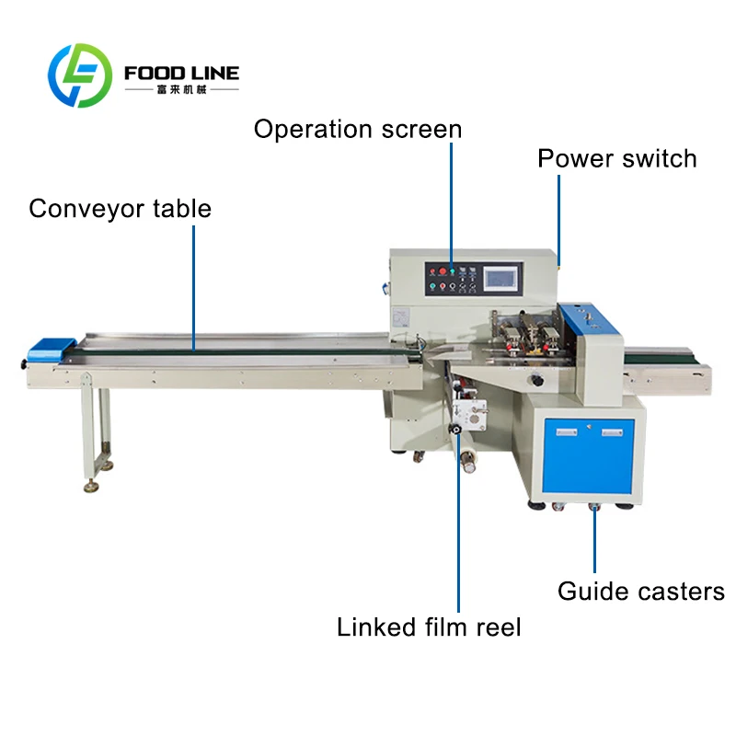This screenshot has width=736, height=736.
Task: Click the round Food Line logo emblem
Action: (x=80, y=75)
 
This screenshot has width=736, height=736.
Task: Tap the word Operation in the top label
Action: (x=313, y=130)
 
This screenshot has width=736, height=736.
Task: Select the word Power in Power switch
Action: (x=576, y=158)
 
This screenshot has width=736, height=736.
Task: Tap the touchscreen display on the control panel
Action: (x=501, y=279)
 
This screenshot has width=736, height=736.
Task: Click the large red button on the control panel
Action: (x=443, y=270)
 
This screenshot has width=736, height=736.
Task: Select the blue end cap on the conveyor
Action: (x=52, y=349)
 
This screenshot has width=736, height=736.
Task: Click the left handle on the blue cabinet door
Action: (x=567, y=431)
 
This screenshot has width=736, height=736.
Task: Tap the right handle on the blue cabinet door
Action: (x=612, y=431)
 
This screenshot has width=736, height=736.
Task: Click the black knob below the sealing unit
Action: (x=535, y=380)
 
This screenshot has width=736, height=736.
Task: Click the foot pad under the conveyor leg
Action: (x=91, y=488)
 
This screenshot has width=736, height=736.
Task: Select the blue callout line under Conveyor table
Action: (x=193, y=288)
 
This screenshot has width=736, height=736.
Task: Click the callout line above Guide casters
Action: (x=594, y=540)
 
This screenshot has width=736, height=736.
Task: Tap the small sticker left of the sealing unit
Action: (x=400, y=317)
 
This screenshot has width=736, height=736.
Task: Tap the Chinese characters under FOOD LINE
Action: (x=181, y=89)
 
